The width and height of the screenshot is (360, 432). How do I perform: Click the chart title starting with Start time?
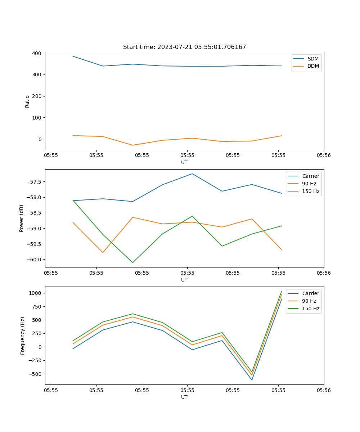(184, 47)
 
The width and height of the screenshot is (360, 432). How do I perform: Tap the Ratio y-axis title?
(27, 101)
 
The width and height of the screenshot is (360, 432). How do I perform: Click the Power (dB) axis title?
(22, 218)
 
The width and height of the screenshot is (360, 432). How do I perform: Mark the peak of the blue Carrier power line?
(192, 174)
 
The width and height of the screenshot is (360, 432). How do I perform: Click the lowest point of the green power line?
(132, 262)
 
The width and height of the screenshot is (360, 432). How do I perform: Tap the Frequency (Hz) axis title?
(22, 336)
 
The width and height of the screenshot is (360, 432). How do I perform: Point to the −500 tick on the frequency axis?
(36, 374)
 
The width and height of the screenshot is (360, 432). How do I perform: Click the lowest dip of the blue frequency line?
(252, 380)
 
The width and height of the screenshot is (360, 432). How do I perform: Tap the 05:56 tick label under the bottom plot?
(323, 390)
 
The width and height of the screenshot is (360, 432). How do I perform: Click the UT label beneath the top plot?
(184, 162)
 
